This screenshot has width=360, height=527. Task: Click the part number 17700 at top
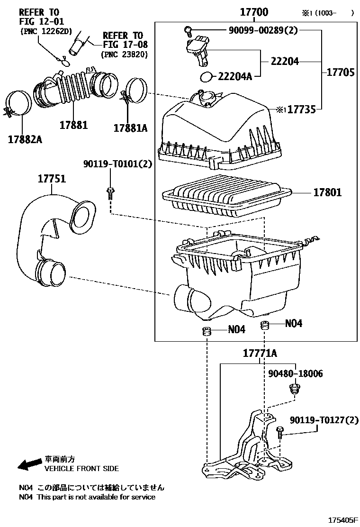pos(254,13)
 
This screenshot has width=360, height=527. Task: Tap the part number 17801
pos(327,193)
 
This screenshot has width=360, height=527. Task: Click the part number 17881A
pos(130,127)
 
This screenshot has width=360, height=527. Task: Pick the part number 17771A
pos(260,354)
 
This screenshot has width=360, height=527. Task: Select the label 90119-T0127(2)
pos(324,420)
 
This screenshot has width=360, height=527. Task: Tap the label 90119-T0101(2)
pos(117,164)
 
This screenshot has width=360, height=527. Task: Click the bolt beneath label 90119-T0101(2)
pos(110,192)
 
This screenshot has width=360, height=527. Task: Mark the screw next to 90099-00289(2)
pos(188,31)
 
